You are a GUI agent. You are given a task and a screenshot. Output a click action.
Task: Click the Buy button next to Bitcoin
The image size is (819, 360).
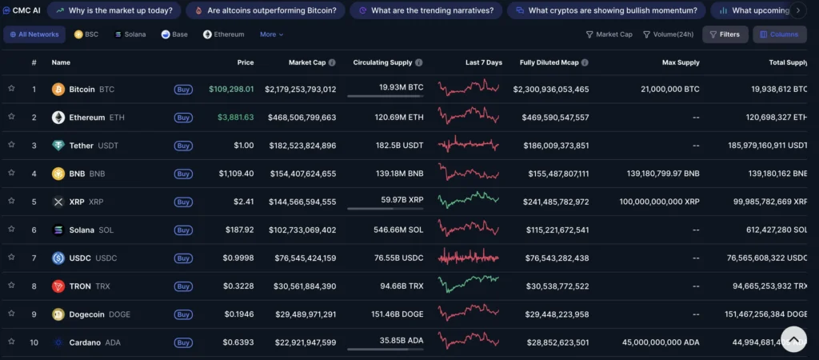(183, 90)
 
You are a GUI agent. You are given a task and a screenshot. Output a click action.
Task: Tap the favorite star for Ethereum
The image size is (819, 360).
(11, 117)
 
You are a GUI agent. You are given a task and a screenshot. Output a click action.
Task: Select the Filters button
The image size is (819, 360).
(725, 34)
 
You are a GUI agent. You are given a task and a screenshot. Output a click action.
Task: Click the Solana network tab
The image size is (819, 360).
(130, 34)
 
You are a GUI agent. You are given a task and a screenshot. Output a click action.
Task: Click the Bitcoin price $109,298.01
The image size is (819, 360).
(231, 90)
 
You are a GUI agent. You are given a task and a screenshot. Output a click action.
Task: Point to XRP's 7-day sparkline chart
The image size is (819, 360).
(469, 201)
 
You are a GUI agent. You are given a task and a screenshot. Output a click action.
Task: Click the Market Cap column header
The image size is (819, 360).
(307, 62)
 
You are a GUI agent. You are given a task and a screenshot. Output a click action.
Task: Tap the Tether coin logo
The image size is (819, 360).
(58, 146)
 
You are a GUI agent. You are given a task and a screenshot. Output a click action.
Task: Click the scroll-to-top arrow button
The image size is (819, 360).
(793, 339)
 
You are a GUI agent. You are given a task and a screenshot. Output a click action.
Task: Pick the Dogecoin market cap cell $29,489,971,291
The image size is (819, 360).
(300, 314)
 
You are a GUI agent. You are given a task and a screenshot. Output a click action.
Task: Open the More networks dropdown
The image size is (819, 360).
(271, 34)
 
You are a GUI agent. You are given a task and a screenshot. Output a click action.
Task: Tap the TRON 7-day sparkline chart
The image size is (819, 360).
(469, 285)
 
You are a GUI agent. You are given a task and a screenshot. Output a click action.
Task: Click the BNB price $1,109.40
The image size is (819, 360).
(237, 174)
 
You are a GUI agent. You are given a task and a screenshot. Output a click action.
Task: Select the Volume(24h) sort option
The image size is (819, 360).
(669, 34)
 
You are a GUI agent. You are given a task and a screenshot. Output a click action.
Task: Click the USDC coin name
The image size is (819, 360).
(81, 258)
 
